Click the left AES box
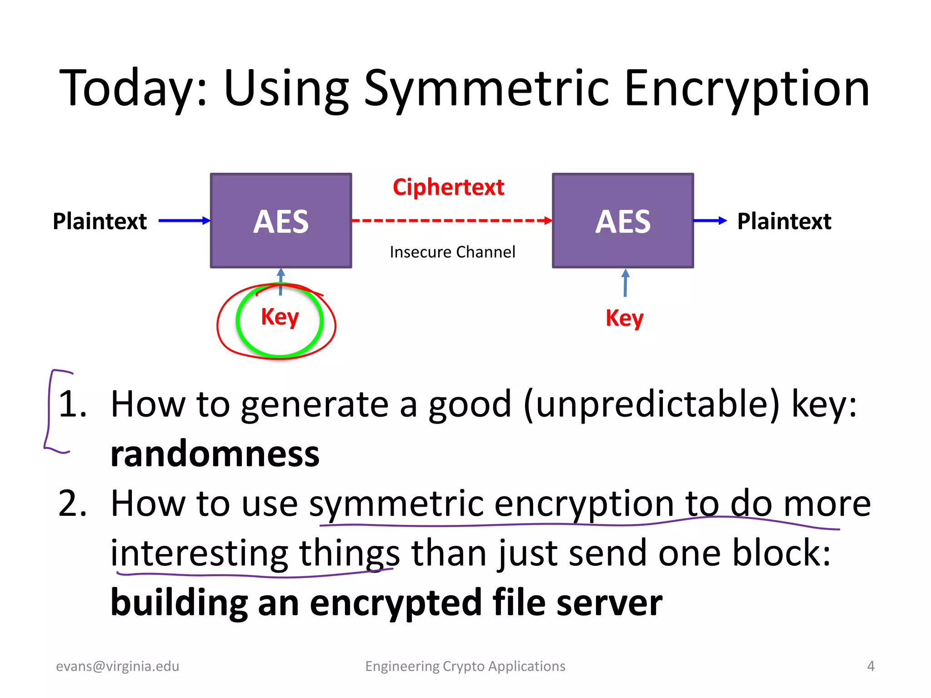click(x=281, y=221)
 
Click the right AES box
click(x=623, y=221)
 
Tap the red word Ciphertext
click(x=448, y=187)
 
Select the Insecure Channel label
click(x=452, y=252)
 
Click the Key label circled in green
click(x=280, y=317)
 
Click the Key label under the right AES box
click(x=624, y=318)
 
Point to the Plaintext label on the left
click(x=100, y=221)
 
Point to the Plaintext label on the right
click(x=784, y=221)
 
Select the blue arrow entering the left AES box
click(x=184, y=221)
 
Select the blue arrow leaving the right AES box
click(x=709, y=221)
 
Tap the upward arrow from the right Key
click(x=626, y=283)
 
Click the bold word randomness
click(x=215, y=454)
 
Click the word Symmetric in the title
click(x=486, y=89)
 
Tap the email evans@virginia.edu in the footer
click(x=117, y=666)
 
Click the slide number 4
click(x=871, y=666)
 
